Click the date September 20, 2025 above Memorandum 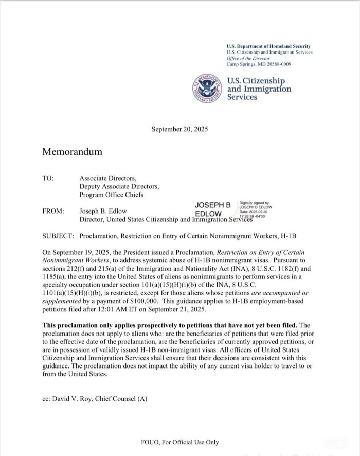coord(179,129)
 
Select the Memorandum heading coord(72,152)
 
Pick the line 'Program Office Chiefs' coord(112,195)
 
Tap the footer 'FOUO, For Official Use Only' coord(179,442)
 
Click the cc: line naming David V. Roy coord(95,399)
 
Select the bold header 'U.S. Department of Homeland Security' coord(268,46)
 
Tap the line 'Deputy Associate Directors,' coord(119,186)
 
